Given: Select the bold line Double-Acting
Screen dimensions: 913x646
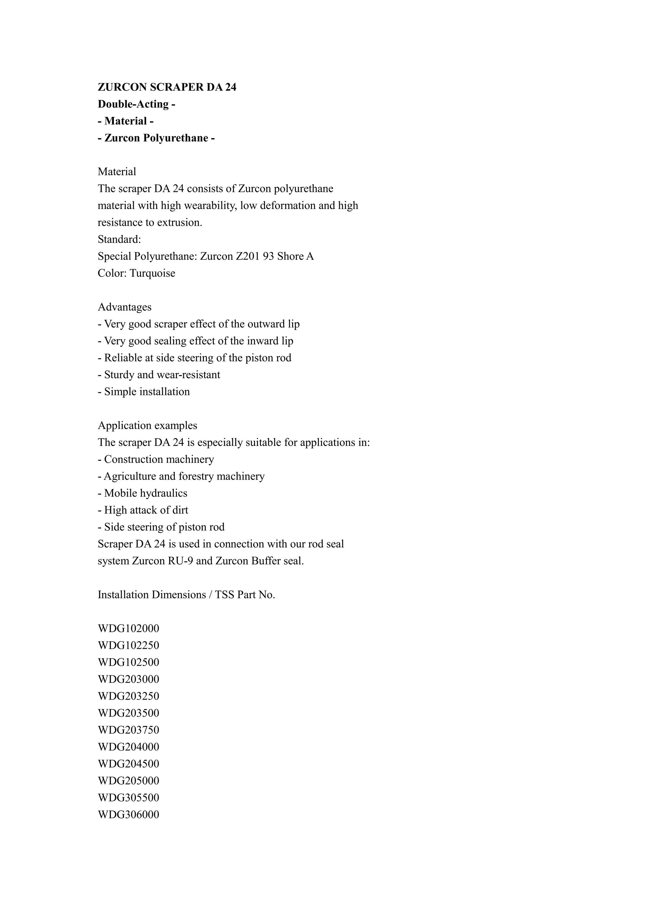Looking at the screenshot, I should [137, 104].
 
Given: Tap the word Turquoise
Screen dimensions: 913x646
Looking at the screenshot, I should [152, 274].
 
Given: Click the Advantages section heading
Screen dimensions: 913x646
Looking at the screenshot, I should [125, 307].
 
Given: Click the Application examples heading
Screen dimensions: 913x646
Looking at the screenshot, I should [147, 426].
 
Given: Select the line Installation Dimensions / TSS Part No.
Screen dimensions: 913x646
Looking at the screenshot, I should [186, 595].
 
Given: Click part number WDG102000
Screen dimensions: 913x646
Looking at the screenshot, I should [128, 629].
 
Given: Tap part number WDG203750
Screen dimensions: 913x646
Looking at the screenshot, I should [128, 730].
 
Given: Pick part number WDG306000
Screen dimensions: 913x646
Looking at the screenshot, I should [128, 815].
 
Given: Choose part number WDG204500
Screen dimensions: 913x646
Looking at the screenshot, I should [128, 764].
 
